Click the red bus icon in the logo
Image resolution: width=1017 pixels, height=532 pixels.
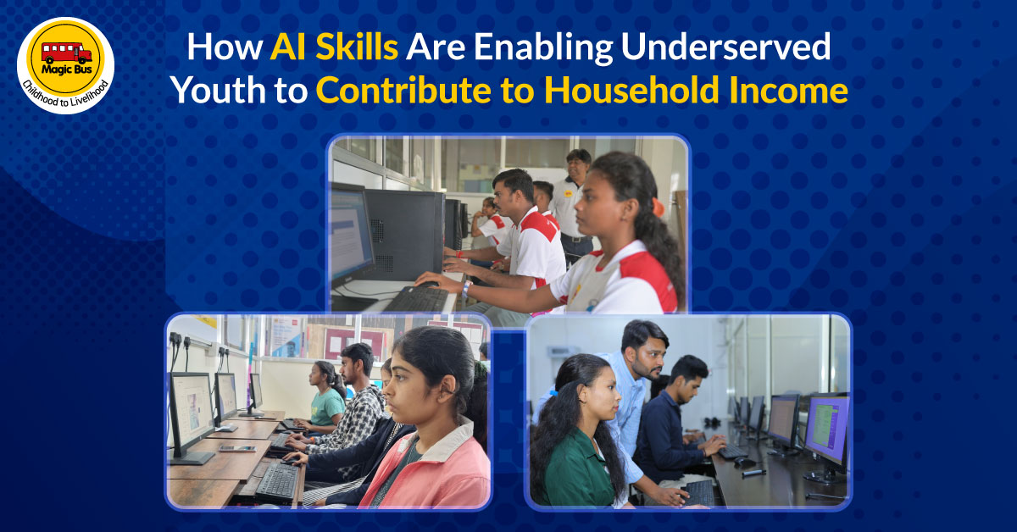click(65, 53)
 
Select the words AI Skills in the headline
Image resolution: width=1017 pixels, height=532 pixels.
click(334, 49)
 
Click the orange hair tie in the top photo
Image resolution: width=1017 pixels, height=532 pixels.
click(658, 206)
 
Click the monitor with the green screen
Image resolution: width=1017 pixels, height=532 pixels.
click(825, 428)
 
